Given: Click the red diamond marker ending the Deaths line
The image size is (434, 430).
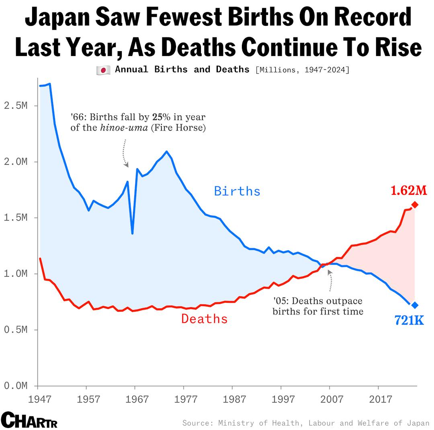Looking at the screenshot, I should pos(415,205).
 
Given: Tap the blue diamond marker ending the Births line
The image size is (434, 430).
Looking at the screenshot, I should pos(415,305).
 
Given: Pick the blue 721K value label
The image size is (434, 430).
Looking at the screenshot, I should pos(409,320).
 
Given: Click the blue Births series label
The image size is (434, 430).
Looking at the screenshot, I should pos(237,191).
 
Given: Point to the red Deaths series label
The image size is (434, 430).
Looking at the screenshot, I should pos(204,319).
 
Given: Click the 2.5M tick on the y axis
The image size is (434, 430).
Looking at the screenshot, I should pos(16,106).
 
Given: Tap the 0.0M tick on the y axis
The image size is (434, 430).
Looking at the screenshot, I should pos(16,386).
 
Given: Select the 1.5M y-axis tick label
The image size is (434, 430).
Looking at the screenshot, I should pos(16,218).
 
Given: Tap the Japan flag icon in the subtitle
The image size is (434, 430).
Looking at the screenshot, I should pos(103,70).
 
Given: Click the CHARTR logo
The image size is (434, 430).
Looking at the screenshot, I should pos(29,420).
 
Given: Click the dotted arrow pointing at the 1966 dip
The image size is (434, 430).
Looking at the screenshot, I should pos(125,153).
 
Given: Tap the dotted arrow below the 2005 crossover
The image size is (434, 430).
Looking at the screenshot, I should pos(330,280).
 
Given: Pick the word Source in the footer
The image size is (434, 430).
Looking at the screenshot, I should pos(197,423).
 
